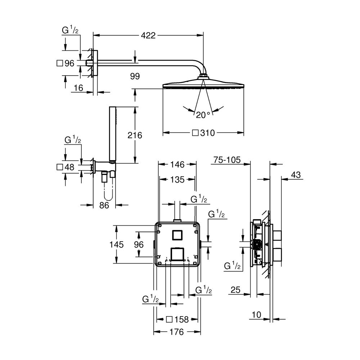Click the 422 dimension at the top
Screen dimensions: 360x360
(148, 35)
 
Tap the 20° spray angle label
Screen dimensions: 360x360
(203, 115)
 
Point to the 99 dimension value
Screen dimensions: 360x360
(135, 76)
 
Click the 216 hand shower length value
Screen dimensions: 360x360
(135, 135)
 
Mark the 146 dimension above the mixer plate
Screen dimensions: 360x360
(177, 165)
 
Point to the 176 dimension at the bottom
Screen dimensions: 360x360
(176, 332)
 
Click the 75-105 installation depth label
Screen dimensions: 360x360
(227, 160)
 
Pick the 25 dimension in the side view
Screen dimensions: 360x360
(236, 289)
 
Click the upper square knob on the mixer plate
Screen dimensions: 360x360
(176, 235)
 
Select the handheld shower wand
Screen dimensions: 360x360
(111, 135)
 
